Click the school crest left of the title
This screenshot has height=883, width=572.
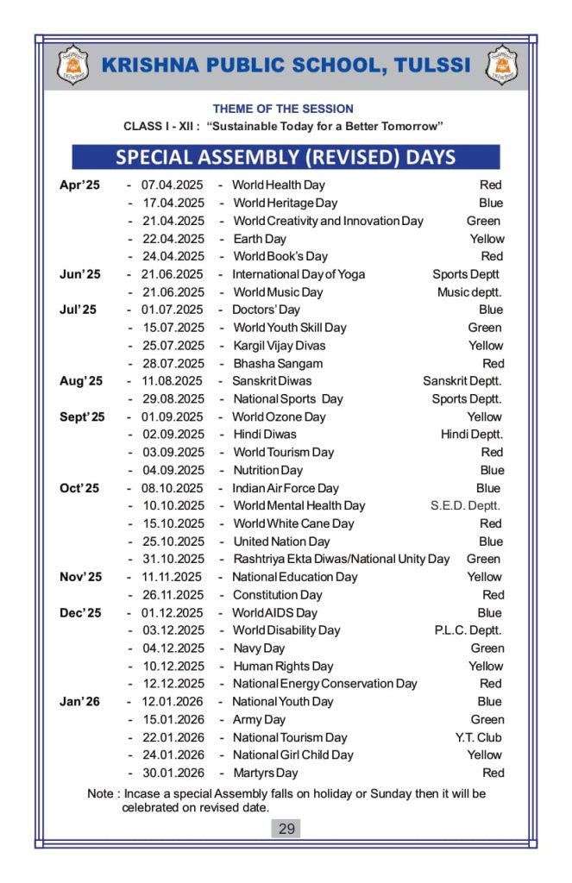pos(72,65)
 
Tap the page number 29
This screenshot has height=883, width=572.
pos(286,829)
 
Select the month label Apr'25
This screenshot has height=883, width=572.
pos(79,185)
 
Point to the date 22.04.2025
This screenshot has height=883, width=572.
pos(173,239)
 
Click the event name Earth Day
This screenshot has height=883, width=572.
pos(260,239)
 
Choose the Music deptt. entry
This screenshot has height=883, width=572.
pos(469,292)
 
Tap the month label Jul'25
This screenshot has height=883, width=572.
pos(78,310)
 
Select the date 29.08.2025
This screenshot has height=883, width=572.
pos(173,399)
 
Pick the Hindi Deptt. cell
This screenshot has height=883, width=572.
pos(472,435)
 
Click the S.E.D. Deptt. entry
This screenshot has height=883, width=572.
pos(465,506)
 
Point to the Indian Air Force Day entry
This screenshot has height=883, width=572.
pos(286,488)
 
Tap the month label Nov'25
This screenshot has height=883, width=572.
pos(80,577)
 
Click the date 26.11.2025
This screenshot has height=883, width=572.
pos(173,595)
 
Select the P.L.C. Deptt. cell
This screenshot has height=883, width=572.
pos(468,630)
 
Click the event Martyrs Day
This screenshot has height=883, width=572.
pos(266,773)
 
